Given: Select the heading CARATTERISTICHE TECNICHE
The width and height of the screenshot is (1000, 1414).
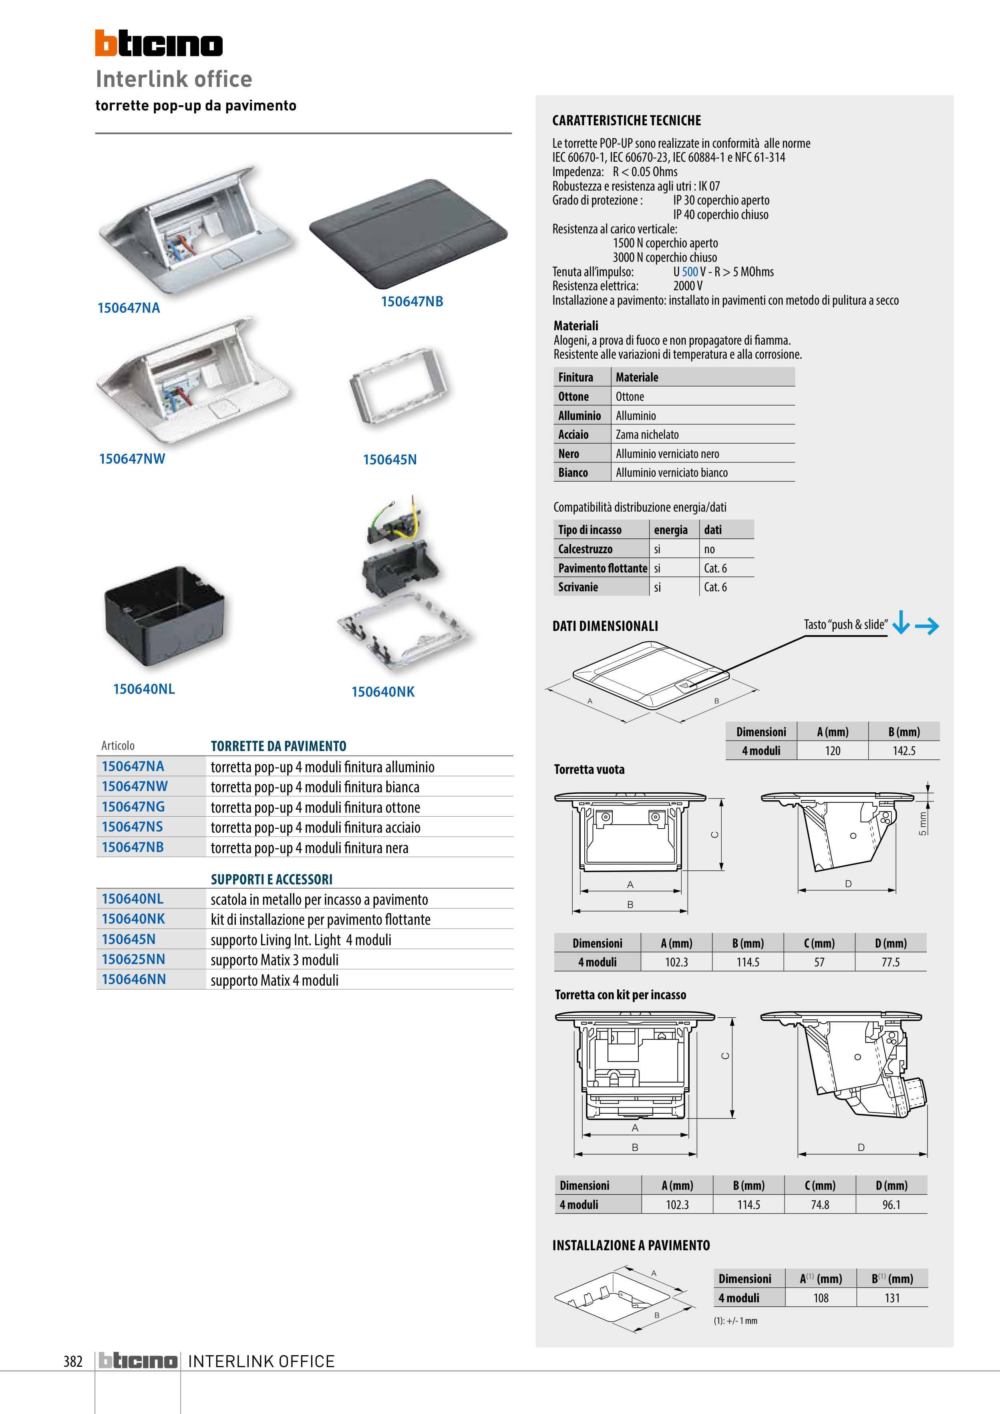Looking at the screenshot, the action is point(627,121).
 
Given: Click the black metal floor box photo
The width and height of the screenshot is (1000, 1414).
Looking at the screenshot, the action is point(165,615).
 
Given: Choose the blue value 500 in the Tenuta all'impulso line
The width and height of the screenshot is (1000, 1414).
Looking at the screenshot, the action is point(690,271).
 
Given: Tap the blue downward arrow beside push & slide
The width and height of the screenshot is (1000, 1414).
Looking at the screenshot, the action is point(901,622).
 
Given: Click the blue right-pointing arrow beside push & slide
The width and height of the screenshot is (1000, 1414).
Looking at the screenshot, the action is point(927,626).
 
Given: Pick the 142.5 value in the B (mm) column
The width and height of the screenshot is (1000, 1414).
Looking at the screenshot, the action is point(904,751).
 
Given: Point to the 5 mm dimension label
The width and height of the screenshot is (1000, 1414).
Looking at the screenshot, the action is point(922,823).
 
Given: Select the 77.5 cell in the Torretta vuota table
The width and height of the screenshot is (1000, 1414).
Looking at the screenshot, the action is point(890,962).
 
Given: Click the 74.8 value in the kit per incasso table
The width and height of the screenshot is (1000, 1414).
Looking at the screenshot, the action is point(819,1205).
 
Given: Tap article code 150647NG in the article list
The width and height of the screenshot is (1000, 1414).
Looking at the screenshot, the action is point(133,807).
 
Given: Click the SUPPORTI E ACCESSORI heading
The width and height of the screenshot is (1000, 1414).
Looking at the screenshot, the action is point(272,880).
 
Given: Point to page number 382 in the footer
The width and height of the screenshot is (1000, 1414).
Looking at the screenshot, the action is point(73,1361).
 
